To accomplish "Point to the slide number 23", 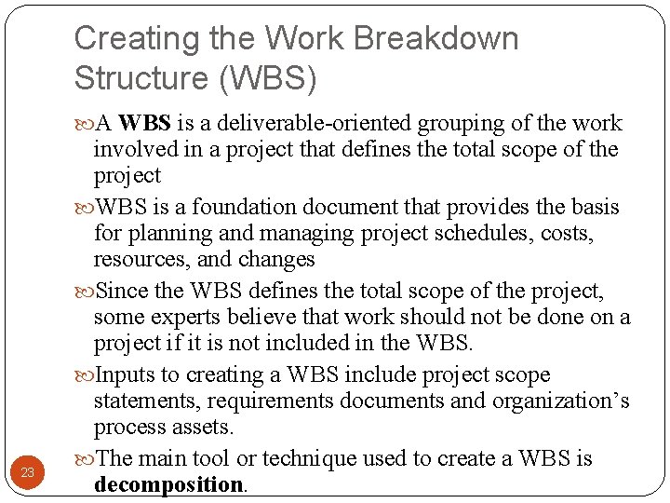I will [27, 472].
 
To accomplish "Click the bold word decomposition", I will [167, 484].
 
